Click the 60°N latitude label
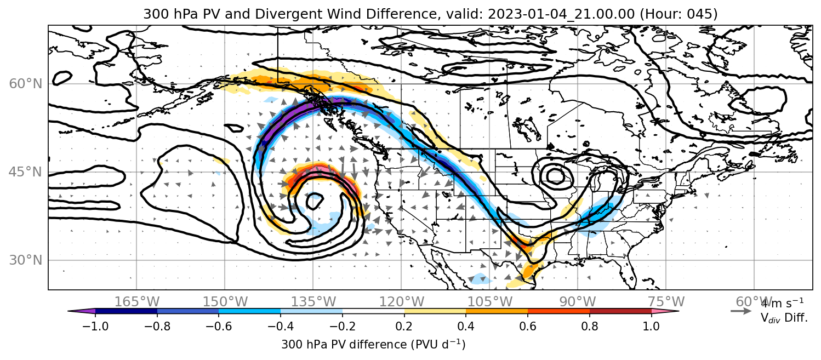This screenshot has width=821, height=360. (x=25, y=84)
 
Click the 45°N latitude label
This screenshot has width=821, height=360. (x=25, y=172)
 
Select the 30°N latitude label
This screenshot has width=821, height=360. (x=25, y=260)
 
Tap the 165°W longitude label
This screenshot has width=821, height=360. (x=136, y=302)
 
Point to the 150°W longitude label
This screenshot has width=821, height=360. (x=225, y=302)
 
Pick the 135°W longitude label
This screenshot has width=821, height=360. (x=313, y=302)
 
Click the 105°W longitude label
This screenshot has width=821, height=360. (x=489, y=302)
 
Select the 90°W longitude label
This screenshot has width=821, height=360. (x=578, y=302)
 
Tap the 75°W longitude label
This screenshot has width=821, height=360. (x=666, y=302)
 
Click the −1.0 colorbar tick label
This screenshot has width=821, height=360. (x=95, y=326)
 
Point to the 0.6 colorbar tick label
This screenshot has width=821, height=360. (x=528, y=326)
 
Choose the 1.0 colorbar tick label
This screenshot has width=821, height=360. (x=651, y=326)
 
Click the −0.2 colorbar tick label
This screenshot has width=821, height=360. (x=343, y=326)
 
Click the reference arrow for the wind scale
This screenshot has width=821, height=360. (x=741, y=311)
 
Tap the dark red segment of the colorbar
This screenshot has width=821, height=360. (x=620, y=311)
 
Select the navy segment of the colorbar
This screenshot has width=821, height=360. (x=126, y=311)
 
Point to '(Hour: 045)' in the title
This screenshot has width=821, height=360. (x=679, y=14)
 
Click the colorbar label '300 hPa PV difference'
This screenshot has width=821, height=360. (x=344, y=345)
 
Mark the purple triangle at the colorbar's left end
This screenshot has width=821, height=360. (x=81, y=311)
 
